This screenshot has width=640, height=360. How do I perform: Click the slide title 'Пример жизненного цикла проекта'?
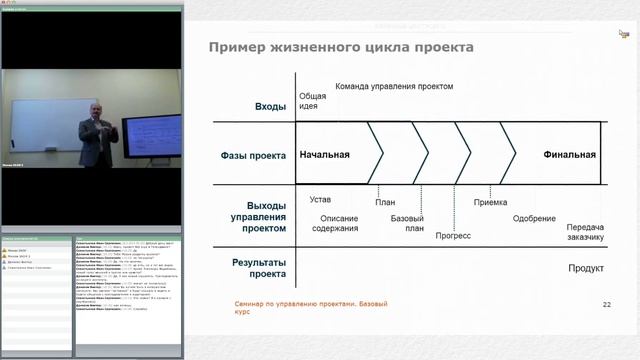339,48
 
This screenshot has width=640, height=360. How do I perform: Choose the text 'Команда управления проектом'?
394,87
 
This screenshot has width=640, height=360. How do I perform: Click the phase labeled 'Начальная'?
321,155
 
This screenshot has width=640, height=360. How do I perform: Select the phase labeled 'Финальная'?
569,155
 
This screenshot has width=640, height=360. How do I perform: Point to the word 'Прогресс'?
454,237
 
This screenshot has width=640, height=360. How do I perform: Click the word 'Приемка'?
490,202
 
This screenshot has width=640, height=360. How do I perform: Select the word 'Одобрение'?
534,219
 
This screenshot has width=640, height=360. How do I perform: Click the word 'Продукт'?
586,268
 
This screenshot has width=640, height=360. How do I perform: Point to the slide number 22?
606,303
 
